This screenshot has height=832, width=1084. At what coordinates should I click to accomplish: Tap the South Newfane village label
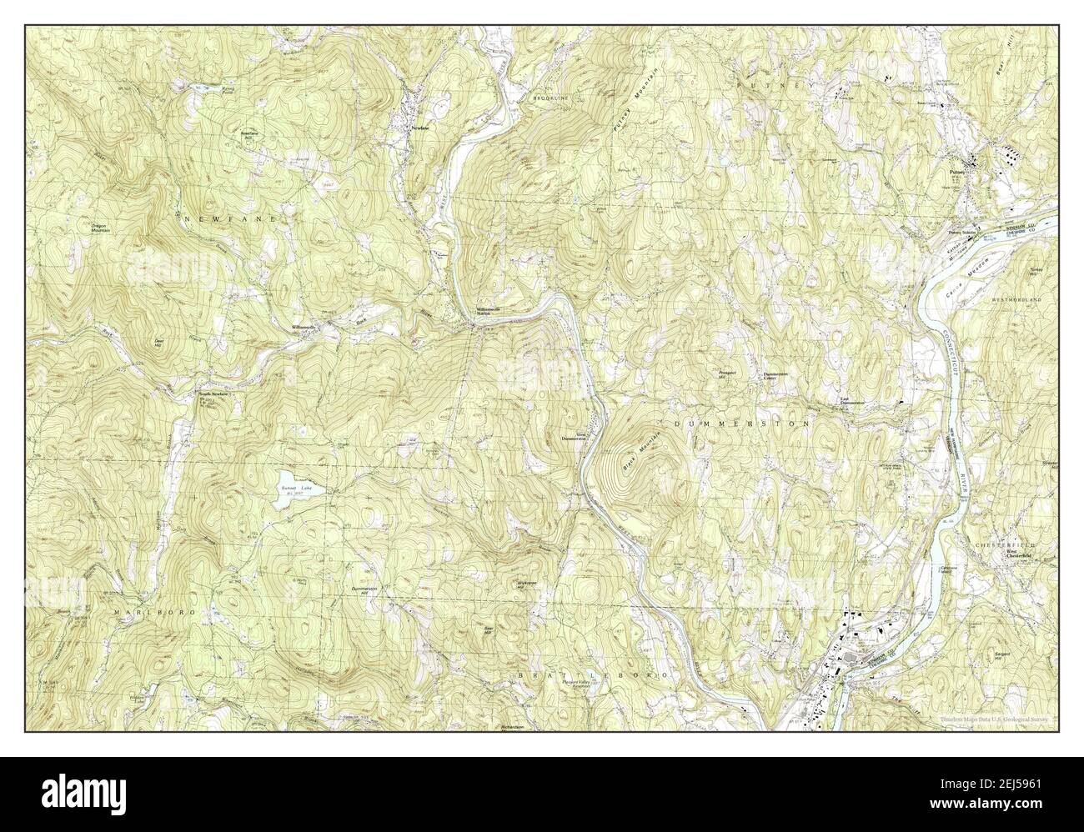(211, 393)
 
